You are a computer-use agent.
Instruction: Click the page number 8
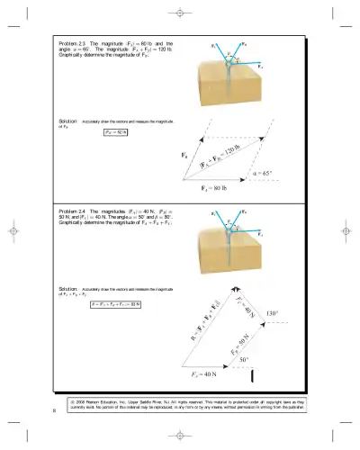point(54,412)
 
